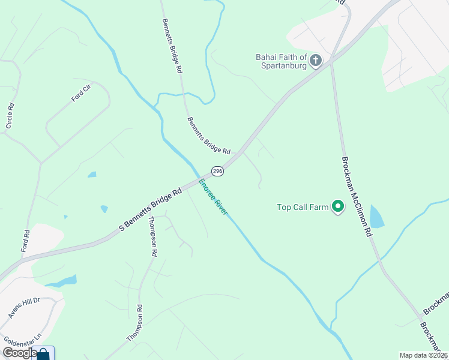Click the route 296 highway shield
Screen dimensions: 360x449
coord(218,172)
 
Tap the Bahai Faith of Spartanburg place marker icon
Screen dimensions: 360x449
coord(315,61)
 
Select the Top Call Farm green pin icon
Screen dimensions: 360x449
coord(337,208)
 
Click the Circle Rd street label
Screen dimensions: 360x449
coord(10,115)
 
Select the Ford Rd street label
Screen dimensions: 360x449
coord(26,241)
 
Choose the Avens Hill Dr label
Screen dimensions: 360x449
coord(23,308)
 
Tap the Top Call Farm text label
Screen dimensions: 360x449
coord(303,208)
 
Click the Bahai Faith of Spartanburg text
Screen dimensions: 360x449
coord(282,61)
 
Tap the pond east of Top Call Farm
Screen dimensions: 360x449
coord(376,217)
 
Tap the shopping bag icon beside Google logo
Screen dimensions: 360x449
coord(44,354)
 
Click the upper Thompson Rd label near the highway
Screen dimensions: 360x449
coord(152,237)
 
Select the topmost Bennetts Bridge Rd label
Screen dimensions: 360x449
coord(172,45)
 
